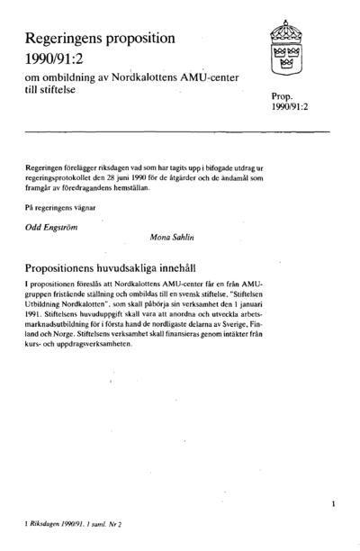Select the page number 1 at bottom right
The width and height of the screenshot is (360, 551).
(x=334, y=504)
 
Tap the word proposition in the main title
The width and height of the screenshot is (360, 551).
(x=145, y=40)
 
